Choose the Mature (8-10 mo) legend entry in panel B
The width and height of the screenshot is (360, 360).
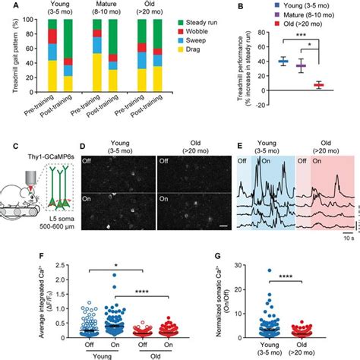click(304, 17)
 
